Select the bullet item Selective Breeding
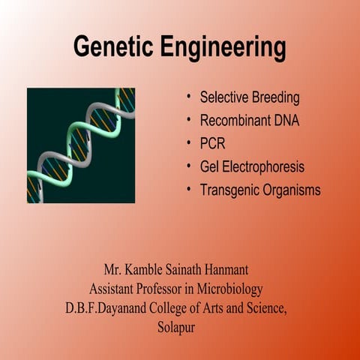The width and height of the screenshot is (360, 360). tap(250, 98)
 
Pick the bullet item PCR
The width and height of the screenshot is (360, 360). tap(212, 143)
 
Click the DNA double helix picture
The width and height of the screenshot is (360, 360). tap(81, 145)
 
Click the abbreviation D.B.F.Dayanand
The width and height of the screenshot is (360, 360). tap(106, 307)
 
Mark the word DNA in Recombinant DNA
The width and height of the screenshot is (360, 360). tap(285, 121)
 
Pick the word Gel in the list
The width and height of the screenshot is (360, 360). tap(210, 166)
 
